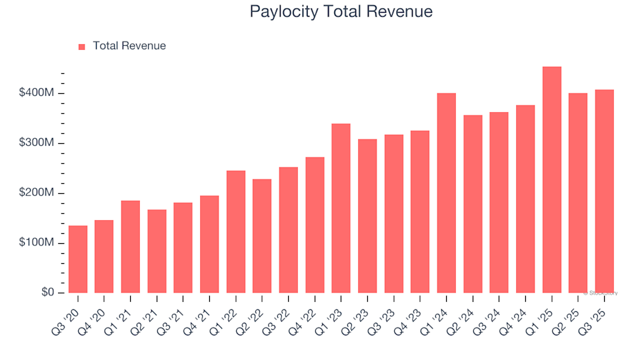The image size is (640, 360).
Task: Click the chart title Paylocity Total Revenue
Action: [341, 11]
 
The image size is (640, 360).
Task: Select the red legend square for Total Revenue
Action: [82, 47]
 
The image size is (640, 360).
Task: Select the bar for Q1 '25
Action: [552, 180]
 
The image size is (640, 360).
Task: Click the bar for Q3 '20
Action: [78, 259]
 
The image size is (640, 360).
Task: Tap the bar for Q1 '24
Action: [447, 193]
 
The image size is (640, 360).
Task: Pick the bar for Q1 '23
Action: [341, 208]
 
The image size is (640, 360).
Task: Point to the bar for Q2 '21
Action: [157, 251]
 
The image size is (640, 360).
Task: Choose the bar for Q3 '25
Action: [605, 191]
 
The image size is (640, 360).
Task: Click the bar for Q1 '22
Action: [236, 232]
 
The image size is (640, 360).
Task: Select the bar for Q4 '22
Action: [315, 225]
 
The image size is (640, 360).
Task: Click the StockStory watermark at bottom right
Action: [601, 293]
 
